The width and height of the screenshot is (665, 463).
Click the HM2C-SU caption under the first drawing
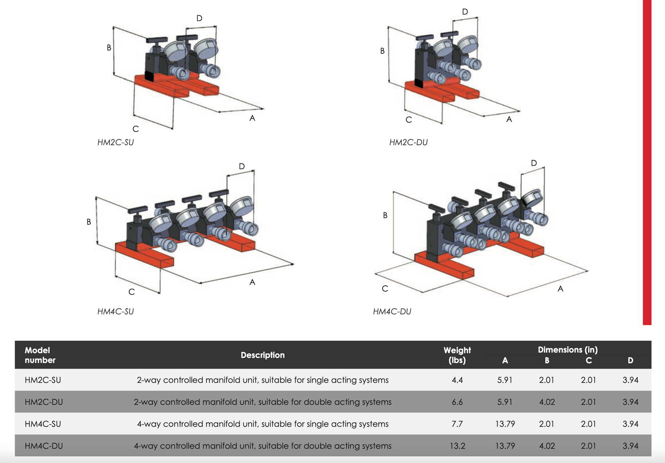point(115,142)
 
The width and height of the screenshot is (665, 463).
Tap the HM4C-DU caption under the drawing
point(392,311)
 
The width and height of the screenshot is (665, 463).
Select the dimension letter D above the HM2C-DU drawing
point(465,12)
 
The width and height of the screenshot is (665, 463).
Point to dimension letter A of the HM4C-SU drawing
point(252,282)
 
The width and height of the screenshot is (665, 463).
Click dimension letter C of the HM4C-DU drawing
point(385,289)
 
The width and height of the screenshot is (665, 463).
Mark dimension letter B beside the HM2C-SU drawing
point(109,48)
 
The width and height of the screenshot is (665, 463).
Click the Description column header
point(263,355)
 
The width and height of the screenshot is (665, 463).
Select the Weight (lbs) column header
point(457,355)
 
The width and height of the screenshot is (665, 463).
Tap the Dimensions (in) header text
point(568,350)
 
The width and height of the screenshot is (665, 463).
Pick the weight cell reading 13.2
point(457,446)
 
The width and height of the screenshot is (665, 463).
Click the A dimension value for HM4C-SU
point(505,424)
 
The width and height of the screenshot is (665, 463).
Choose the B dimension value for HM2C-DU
point(547,402)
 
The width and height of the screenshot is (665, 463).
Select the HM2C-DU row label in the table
point(44,402)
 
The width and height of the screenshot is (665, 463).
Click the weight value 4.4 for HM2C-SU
point(457,380)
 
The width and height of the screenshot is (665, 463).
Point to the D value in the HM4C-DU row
point(630,446)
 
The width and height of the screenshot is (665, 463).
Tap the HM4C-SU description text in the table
point(263,424)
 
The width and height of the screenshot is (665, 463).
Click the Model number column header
point(40,355)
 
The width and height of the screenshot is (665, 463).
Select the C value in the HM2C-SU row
point(588,380)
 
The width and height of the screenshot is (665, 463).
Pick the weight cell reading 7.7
point(457,424)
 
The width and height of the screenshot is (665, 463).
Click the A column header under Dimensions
point(505,360)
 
